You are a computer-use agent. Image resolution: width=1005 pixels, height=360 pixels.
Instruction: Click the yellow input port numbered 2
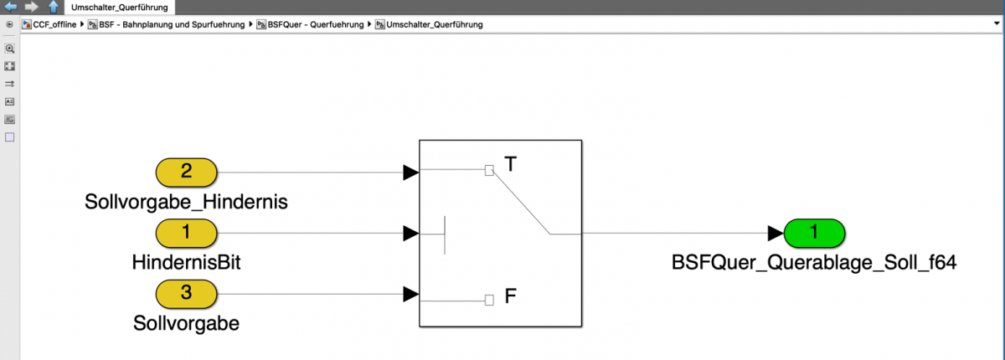coord(186,172)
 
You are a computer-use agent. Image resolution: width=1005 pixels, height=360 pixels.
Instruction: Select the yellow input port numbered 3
coord(186,294)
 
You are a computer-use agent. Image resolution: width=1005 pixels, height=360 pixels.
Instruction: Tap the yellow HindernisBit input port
coord(186,233)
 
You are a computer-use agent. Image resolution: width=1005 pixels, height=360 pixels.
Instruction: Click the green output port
coord(813,233)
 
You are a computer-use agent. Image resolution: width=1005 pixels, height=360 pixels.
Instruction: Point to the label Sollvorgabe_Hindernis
coord(186,201)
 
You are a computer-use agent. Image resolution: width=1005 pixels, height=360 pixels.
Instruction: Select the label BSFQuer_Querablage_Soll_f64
coord(814,262)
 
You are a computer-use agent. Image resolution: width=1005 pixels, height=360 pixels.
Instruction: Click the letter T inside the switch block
coord(511,164)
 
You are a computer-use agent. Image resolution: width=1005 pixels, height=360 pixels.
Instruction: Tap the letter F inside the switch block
coord(511,297)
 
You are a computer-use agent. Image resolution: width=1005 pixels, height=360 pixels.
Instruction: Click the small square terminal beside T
coord(490,171)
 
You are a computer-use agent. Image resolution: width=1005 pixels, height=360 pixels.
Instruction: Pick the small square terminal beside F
coord(490,299)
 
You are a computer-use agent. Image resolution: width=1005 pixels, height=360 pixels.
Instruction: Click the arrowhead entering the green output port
coord(775,233)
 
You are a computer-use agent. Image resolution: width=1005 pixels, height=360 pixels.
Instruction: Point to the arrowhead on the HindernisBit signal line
coord(410,233)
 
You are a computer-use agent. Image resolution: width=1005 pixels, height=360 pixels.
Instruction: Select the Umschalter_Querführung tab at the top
coord(118,7)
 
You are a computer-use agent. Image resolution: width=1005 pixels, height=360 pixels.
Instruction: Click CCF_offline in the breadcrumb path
coord(54,24)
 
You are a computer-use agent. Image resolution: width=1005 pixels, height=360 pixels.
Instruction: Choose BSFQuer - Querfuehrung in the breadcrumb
coord(316,24)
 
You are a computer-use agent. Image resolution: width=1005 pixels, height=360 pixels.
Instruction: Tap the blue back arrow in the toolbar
coord(11,7)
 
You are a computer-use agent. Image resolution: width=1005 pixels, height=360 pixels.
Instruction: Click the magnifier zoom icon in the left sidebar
coord(10,49)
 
